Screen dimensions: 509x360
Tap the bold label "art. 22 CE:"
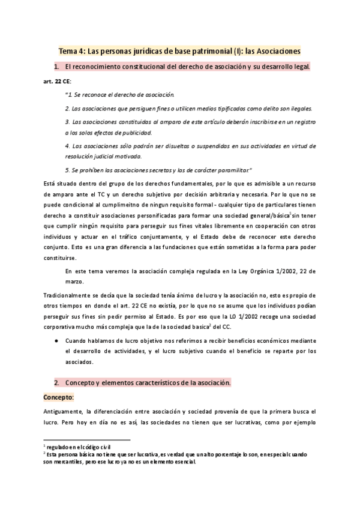pyautogui.click(x=58, y=80)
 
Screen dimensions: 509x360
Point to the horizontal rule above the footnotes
pyautogui.click(x=87, y=440)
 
